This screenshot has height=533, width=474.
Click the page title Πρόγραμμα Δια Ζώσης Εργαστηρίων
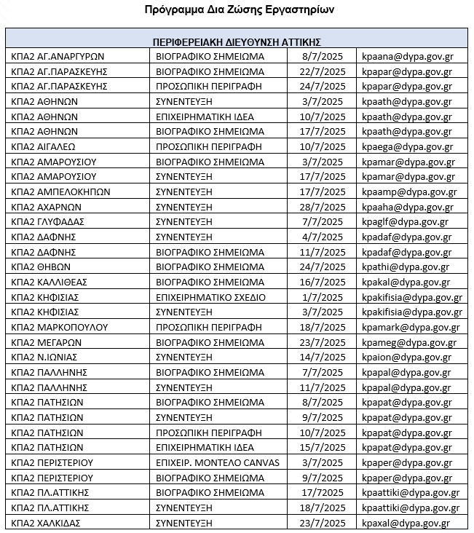coord(237,12)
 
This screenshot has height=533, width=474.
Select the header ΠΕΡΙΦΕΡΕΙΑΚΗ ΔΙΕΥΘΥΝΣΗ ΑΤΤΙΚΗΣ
coord(237,42)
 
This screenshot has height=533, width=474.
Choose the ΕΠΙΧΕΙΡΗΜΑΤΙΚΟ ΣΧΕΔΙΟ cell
coord(211,297)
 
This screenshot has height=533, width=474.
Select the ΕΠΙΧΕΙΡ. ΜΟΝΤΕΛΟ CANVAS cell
coord(213,463)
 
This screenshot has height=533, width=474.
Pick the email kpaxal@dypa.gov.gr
coord(405,523)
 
